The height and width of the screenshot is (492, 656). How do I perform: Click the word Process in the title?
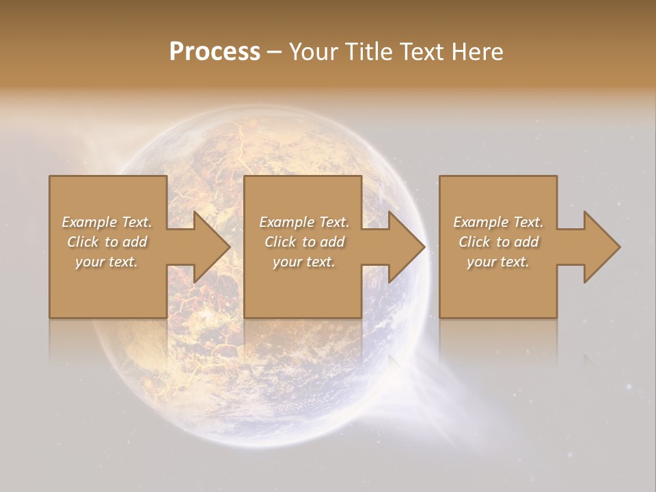215,52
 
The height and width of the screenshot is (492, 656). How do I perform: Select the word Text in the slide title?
422,52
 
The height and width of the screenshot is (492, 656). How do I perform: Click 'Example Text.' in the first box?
107,222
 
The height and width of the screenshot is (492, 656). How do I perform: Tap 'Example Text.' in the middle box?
304,222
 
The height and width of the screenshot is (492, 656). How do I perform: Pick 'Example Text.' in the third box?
498,222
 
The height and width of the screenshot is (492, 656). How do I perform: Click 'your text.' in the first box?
107,262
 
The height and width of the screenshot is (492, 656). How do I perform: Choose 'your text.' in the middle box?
304,262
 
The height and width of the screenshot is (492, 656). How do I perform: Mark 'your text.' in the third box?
498,262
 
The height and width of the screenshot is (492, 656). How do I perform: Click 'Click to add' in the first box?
107,242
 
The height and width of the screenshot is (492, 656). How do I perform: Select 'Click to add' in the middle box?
304,242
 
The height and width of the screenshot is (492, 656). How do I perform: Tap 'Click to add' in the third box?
498,242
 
